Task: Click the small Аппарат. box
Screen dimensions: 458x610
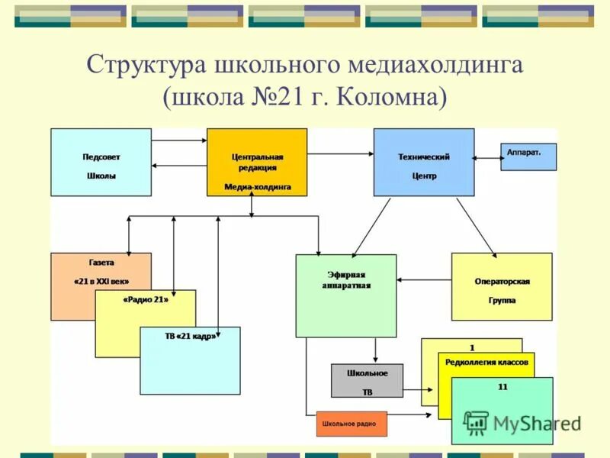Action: click(528, 156)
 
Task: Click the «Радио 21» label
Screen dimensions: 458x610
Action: click(145, 300)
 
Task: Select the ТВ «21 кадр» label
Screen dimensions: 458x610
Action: click(190, 337)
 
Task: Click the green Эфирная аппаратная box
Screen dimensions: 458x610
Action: click(345, 295)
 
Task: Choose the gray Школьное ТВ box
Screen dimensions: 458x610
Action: click(367, 380)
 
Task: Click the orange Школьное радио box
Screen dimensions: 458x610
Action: click(352, 423)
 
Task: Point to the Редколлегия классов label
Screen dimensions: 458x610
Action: click(486, 363)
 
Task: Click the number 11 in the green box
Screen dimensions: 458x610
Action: click(502, 387)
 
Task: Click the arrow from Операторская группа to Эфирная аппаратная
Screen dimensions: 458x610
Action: click(424, 279)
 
